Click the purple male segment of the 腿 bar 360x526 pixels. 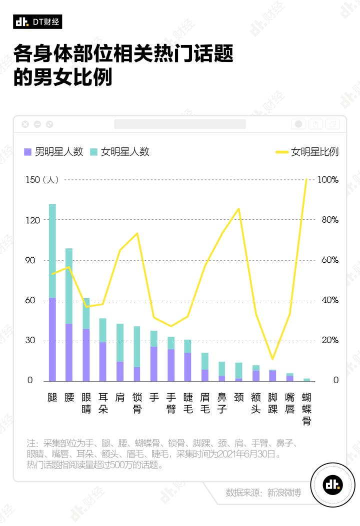pyautogui.click(x=52, y=339)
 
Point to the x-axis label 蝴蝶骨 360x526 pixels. pyautogui.click(x=306, y=409)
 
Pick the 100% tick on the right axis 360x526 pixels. pyautogui.click(x=328, y=180)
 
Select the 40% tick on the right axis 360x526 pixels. pyautogui.click(x=328, y=300)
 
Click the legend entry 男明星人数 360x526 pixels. pyautogui.click(x=53, y=152)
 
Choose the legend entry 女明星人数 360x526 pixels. pyautogui.click(x=119, y=152)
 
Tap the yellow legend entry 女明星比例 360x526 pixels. pyautogui.click(x=307, y=152)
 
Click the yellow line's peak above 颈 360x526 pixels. pyautogui.click(x=239, y=208)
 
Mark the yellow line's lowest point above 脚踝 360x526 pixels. pyautogui.click(x=272, y=359)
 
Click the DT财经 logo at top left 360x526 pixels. pyautogui.click(x=37, y=21)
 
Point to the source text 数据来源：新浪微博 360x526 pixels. pyautogui.click(x=263, y=493)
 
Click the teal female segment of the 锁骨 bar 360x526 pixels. pyautogui.click(x=136, y=347)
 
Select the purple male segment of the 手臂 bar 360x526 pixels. pyautogui.click(x=171, y=365)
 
